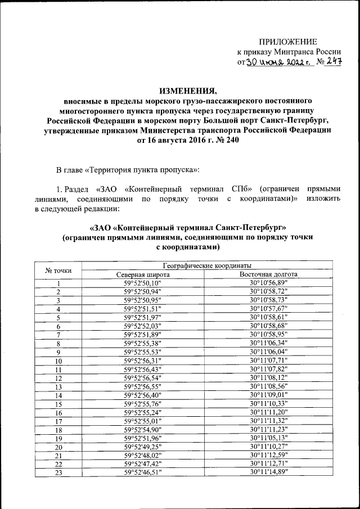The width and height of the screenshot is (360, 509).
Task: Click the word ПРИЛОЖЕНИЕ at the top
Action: (287, 42)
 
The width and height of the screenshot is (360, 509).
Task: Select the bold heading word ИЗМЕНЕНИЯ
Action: (188, 91)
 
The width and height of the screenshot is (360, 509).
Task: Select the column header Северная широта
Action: (143, 274)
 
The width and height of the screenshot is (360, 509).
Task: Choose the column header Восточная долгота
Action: (268, 274)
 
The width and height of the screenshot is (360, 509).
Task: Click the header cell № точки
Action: (58, 270)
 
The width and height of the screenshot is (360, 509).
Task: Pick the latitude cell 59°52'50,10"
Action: (143, 283)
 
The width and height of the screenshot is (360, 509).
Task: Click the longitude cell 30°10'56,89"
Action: (268, 283)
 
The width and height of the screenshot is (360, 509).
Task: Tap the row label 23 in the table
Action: (58, 473)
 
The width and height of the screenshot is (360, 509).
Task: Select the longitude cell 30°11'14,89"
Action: (268, 473)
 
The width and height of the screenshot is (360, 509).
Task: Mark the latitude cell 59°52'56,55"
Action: (143, 386)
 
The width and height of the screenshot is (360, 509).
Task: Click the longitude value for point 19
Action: (268, 438)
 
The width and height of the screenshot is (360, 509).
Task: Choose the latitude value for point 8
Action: (143, 343)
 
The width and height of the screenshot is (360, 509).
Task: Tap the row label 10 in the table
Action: (58, 361)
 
